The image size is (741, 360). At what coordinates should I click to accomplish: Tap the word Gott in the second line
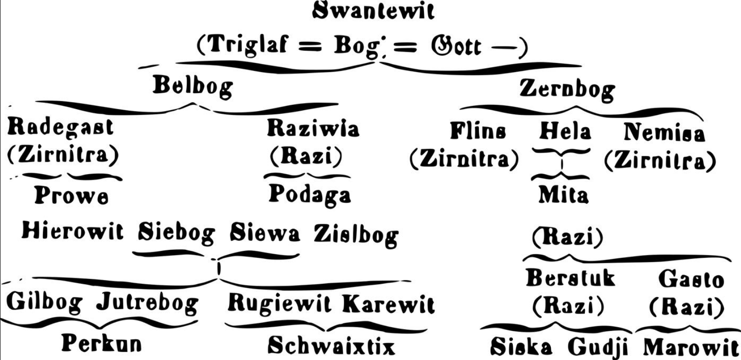(456, 46)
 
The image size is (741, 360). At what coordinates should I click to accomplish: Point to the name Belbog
(193, 86)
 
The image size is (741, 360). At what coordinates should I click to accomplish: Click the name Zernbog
(566, 89)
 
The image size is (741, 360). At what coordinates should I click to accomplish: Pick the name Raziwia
(313, 128)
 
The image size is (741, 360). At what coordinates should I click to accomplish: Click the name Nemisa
(664, 132)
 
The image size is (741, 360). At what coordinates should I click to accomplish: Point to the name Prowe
(72, 195)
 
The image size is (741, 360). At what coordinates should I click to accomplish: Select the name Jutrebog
(147, 304)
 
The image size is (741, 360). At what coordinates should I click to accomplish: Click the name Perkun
(102, 344)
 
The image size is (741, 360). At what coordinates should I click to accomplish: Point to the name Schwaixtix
(331, 346)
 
